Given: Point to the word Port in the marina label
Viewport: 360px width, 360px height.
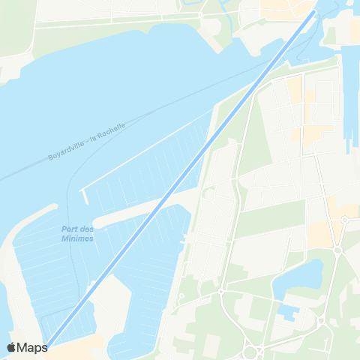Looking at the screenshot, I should click(69, 229).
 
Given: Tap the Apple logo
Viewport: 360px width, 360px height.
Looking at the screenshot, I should click(12, 347).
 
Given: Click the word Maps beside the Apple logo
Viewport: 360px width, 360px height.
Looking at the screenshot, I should click(32, 347).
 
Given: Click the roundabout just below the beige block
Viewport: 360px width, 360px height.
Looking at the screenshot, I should click(337, 250).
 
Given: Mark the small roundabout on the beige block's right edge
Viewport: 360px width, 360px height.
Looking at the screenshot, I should click(344, 220).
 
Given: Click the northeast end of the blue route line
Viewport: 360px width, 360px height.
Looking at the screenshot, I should click(313, 13).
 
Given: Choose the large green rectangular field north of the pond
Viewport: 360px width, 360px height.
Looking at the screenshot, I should click(270, 218).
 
